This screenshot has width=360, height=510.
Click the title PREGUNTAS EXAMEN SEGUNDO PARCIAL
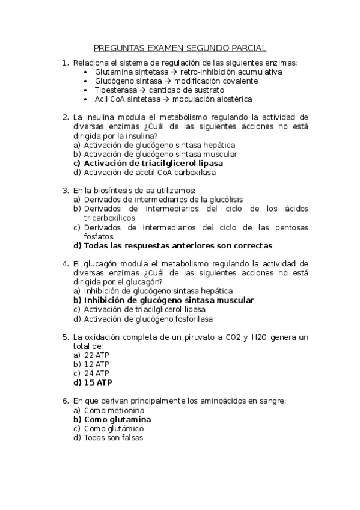[x=180, y=48]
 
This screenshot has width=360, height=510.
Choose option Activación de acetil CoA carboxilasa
[x=150, y=172]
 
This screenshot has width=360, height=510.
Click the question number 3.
[x=65, y=191]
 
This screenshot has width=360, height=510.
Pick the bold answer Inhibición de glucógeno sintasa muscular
[x=169, y=300]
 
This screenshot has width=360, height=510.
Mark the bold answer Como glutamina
[x=117, y=419]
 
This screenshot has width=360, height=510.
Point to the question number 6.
[x=65, y=401]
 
